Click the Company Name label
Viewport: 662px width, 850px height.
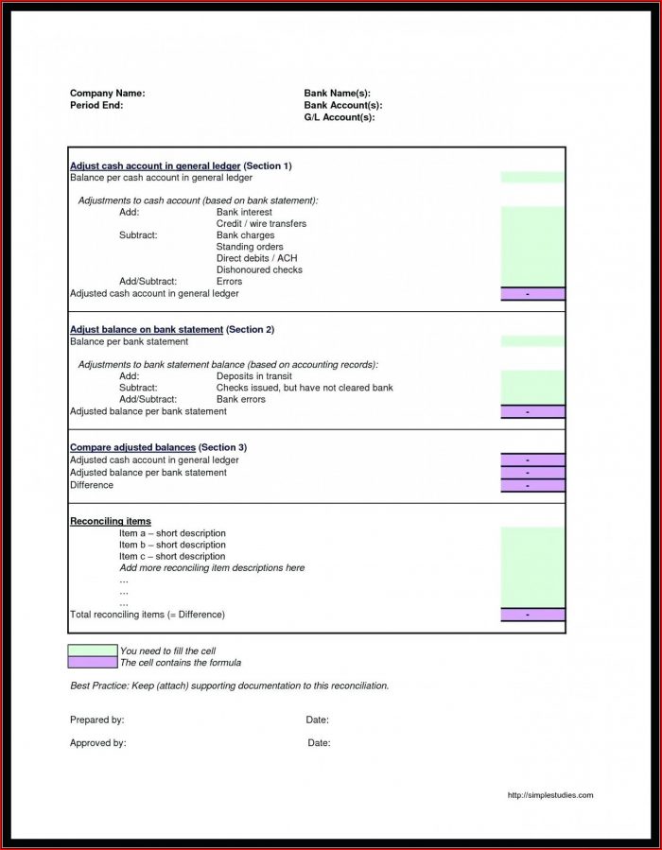[107, 94]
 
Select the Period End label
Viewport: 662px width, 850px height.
[96, 105]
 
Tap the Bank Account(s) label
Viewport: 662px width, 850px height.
[342, 105]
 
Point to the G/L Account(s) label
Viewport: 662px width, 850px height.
[339, 117]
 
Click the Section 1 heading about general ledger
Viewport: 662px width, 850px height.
[181, 165]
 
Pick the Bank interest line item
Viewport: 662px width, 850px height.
[244, 212]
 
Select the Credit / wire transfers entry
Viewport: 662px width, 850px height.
[261, 223]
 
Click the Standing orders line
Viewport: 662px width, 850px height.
[250, 247]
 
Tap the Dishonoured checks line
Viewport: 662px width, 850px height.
[259, 269]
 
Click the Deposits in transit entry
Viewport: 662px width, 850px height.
[253, 376]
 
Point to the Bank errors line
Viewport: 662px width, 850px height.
[240, 399]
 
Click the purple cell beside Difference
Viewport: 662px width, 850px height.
[532, 485]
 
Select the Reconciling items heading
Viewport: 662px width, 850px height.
[111, 521]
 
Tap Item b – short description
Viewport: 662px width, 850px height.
[172, 545]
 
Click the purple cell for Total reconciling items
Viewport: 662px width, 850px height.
[532, 615]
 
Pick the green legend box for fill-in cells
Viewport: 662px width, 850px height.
[93, 651]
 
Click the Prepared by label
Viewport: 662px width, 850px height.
[96, 720]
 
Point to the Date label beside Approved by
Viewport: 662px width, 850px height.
[319, 743]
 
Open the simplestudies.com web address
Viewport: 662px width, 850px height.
[549, 795]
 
